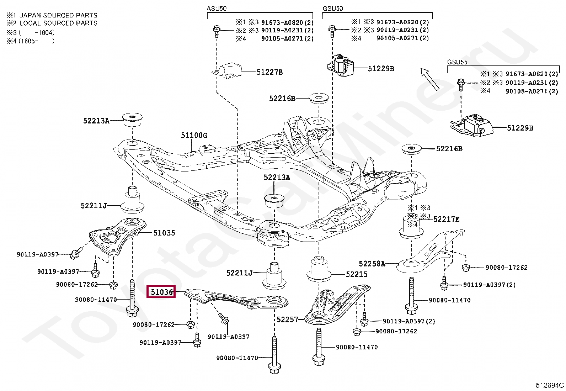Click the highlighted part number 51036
click(161, 292)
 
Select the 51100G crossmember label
click(194, 136)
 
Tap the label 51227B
click(269, 72)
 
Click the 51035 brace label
click(164, 233)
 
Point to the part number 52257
click(287, 320)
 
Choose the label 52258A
click(372, 264)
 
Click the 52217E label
click(446, 220)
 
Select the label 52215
click(357, 274)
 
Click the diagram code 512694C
click(550, 385)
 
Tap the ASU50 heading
click(217, 8)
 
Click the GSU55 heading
click(457, 62)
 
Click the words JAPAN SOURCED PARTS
click(58, 15)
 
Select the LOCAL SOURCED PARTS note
click(58, 23)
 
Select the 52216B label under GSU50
click(282, 98)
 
